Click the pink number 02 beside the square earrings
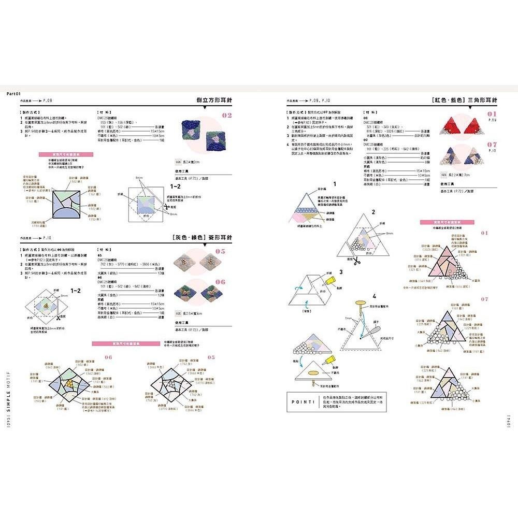pyautogui.click(x=227, y=116)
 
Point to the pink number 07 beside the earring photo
pyautogui.click(x=491, y=145)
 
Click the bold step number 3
pyautogui.click(x=341, y=271)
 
